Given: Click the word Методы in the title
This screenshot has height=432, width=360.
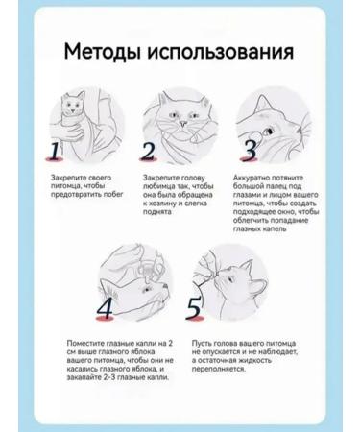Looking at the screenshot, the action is pyautogui.click(x=103, y=51).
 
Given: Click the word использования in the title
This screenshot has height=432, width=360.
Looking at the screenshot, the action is pyautogui.click(x=220, y=51).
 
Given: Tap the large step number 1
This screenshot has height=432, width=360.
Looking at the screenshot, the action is pyautogui.click(x=55, y=151).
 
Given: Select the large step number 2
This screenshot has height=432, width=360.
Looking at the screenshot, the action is pyautogui.click(x=148, y=151).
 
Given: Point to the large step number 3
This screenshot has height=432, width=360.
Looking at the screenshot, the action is pyautogui.click(x=250, y=150).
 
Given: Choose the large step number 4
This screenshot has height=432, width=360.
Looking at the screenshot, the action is pyautogui.click(x=105, y=308).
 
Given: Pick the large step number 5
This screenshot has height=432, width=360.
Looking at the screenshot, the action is pyautogui.click(x=194, y=308).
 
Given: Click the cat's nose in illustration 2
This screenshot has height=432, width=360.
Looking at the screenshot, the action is pyautogui.click(x=182, y=124).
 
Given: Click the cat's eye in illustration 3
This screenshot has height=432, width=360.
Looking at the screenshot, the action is pyautogui.click(x=268, y=132).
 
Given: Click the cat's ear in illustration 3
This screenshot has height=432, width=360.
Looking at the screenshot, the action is pyautogui.click(x=263, y=104).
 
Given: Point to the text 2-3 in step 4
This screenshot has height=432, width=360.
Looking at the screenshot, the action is pyautogui.click(x=109, y=377).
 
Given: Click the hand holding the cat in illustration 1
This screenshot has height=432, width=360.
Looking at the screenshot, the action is pyautogui.click(x=71, y=132).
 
